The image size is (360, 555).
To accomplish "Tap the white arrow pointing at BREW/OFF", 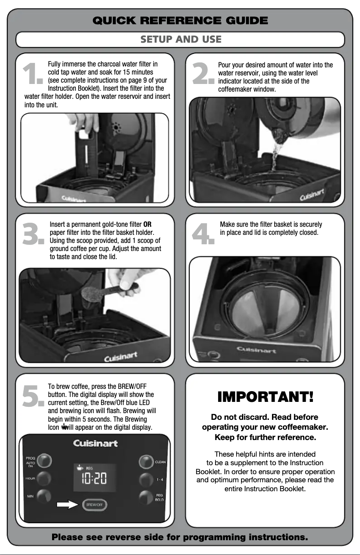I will point(67,505).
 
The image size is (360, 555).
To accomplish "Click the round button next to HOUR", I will point(44,478).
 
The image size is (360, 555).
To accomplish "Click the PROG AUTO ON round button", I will point(44,461).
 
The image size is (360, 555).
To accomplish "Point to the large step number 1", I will point(34,75).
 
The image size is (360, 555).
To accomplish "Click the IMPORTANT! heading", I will point(265,397).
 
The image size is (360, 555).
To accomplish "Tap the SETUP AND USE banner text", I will point(180,40).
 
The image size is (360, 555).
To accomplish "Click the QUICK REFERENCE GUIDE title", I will point(180,21).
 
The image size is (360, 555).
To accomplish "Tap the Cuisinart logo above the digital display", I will point(95,443).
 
